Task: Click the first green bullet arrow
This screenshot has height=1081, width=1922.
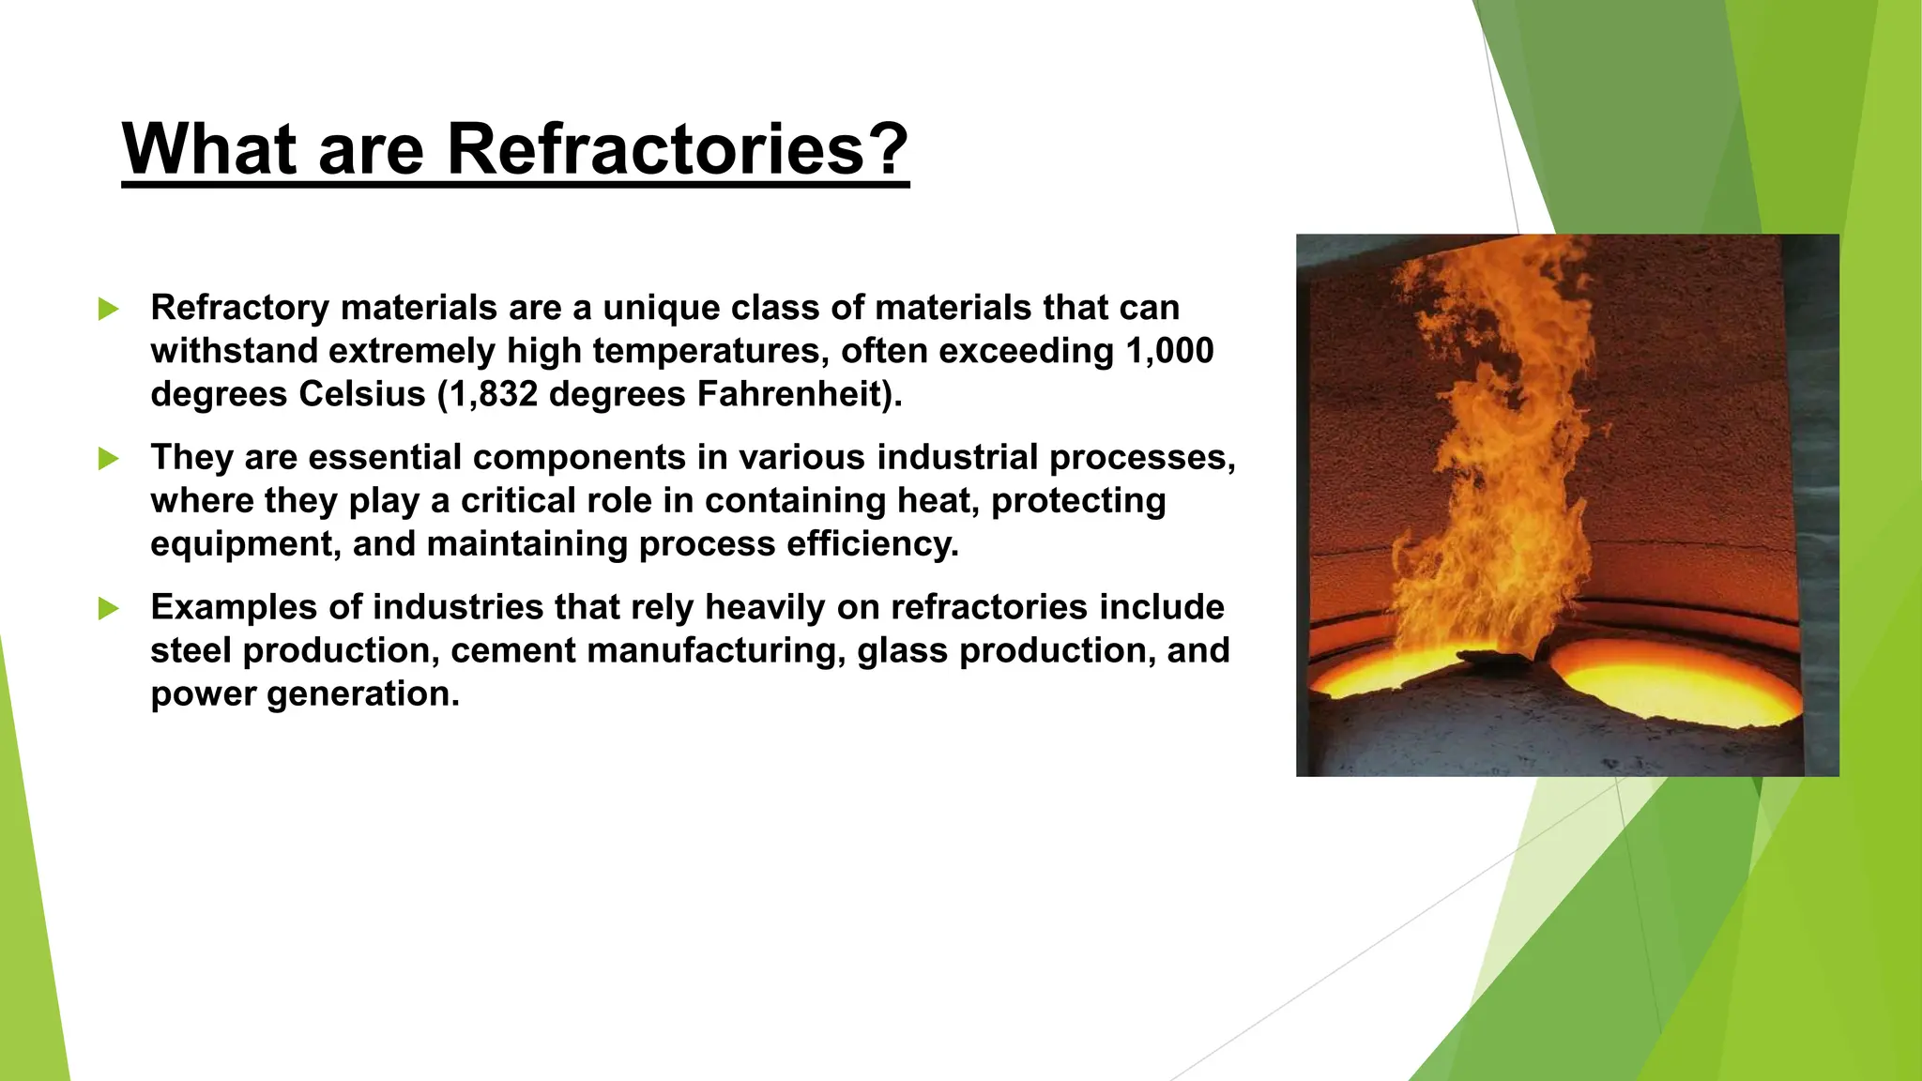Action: coord(109,309)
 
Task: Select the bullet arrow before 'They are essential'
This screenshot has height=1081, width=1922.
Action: coord(109,459)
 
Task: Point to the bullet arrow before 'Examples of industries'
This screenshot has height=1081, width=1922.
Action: coord(109,609)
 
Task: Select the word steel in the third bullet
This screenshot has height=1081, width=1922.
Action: coord(191,651)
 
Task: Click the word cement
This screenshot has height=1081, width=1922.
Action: coord(513,651)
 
